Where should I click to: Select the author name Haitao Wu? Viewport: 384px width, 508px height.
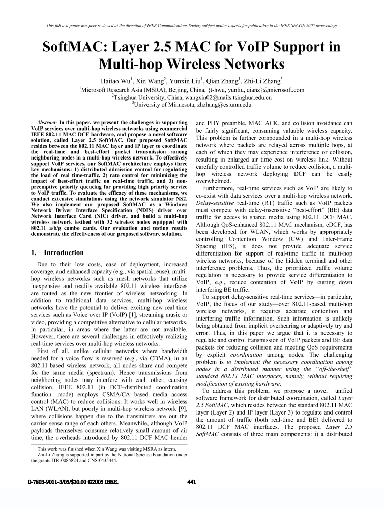point(113,81)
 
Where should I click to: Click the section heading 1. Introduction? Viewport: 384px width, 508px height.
point(57,252)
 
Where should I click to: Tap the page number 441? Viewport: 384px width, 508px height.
point(192,482)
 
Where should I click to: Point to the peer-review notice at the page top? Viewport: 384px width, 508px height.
point(192,25)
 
